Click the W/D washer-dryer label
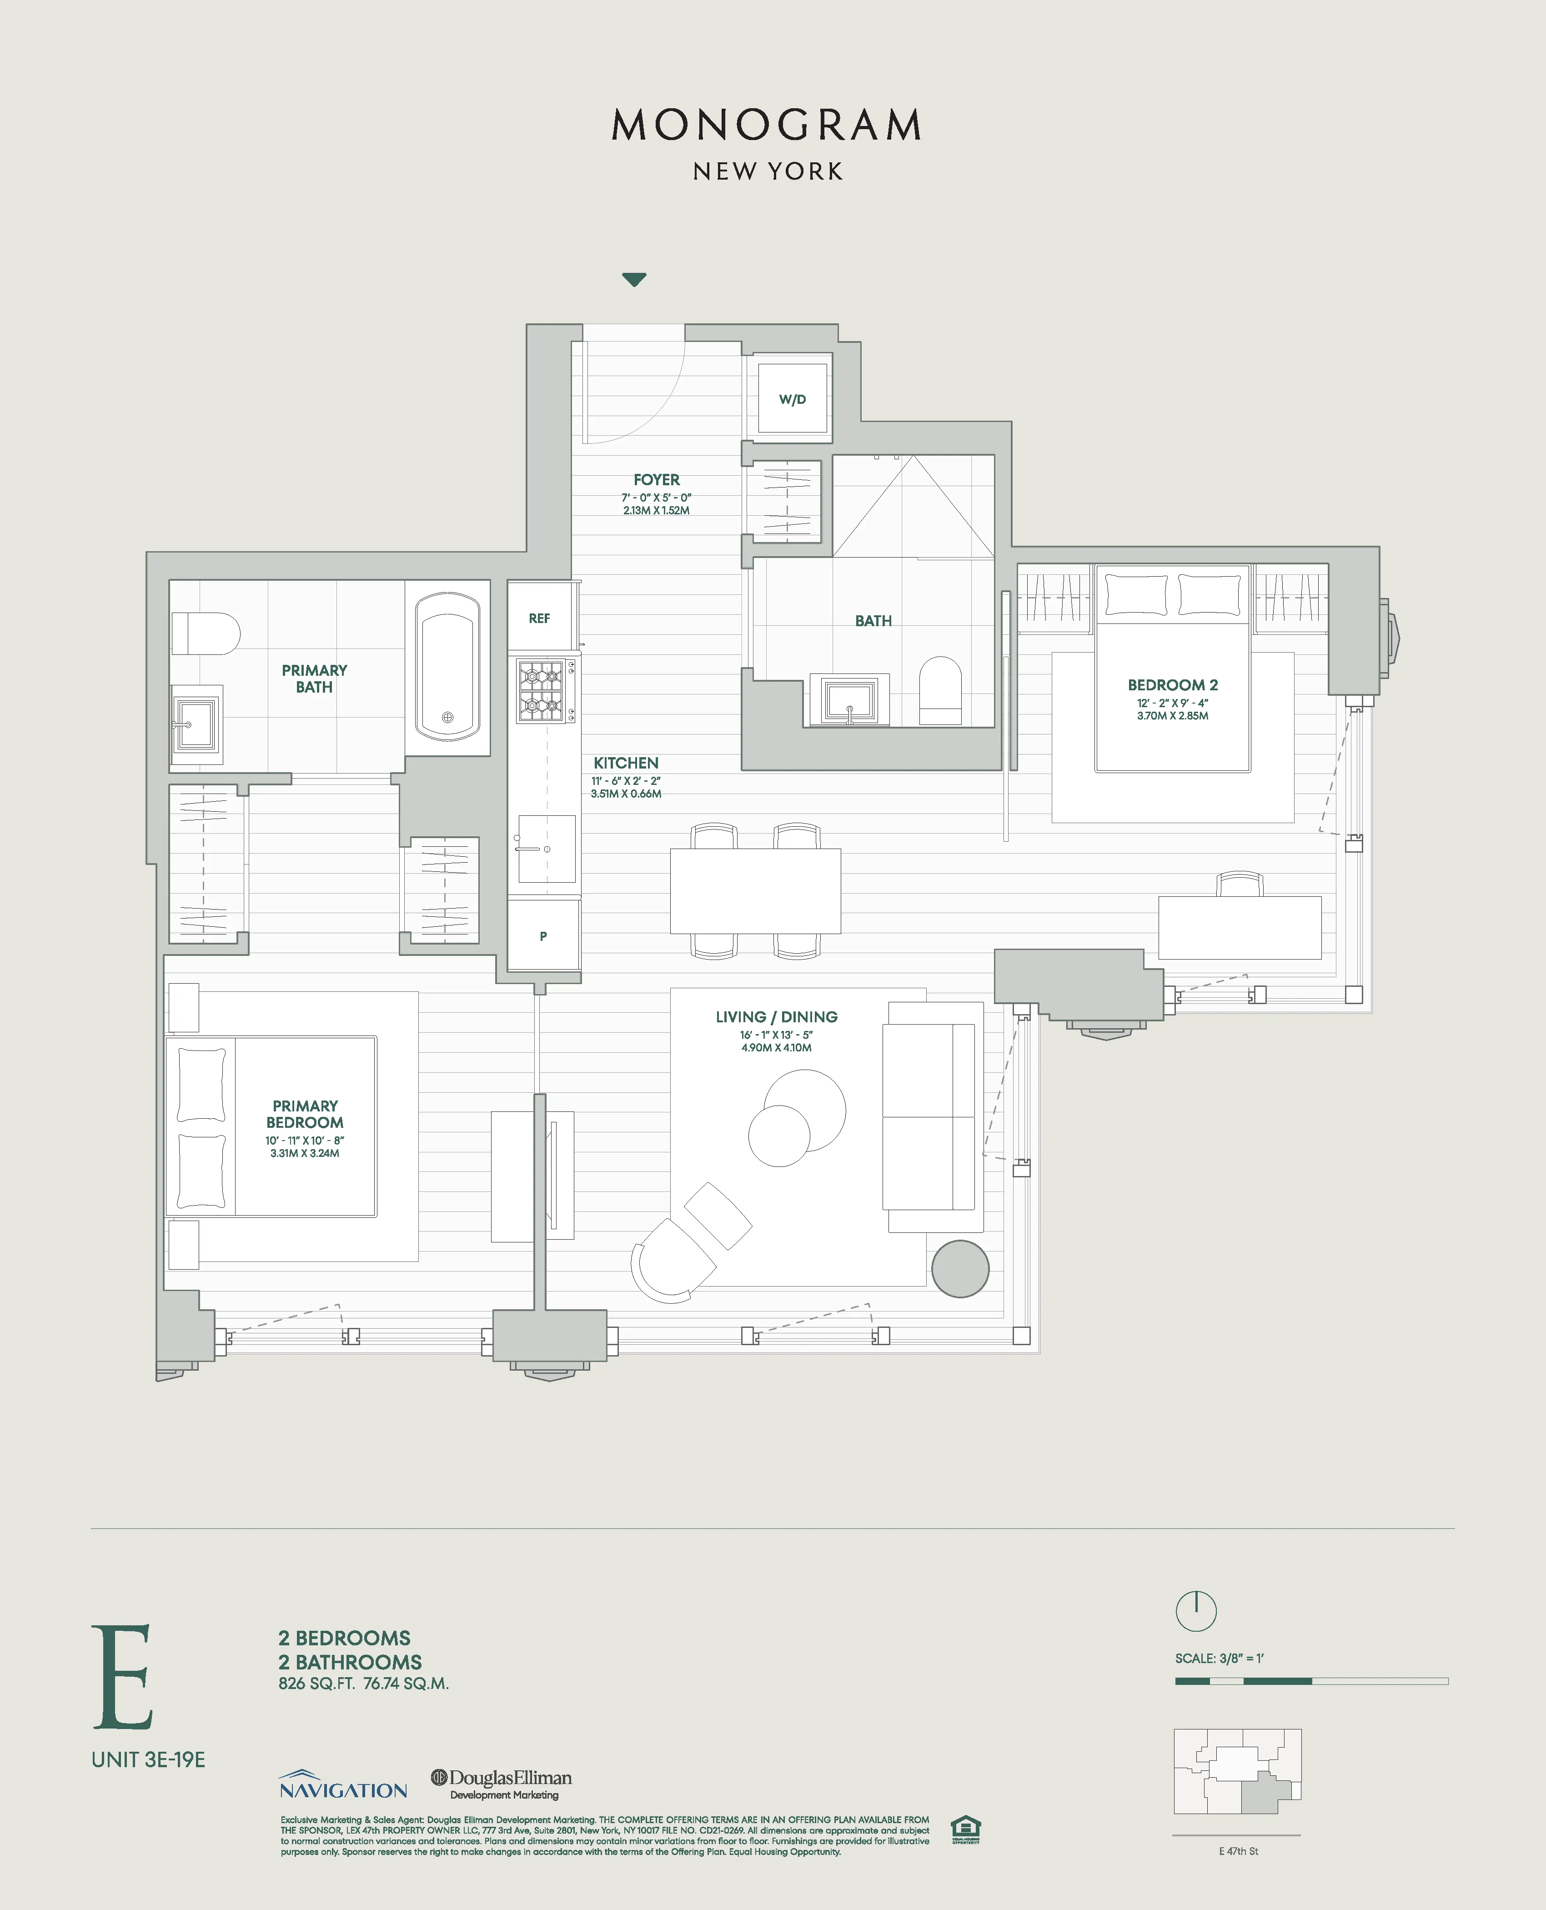[x=792, y=399]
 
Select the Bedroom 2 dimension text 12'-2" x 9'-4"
[x=1172, y=703]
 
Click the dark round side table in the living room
[x=960, y=1268]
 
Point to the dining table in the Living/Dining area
[x=755, y=890]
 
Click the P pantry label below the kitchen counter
[x=543, y=936]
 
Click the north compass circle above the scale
[x=1196, y=1610]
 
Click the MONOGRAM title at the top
[x=767, y=126]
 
